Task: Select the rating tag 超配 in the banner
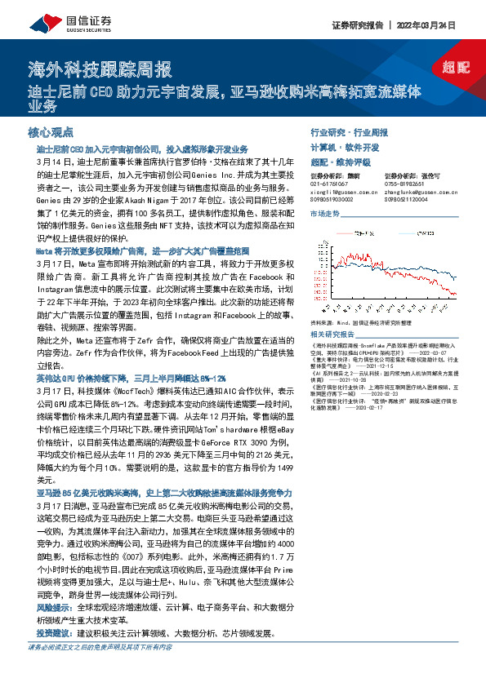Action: [x=458, y=68]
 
